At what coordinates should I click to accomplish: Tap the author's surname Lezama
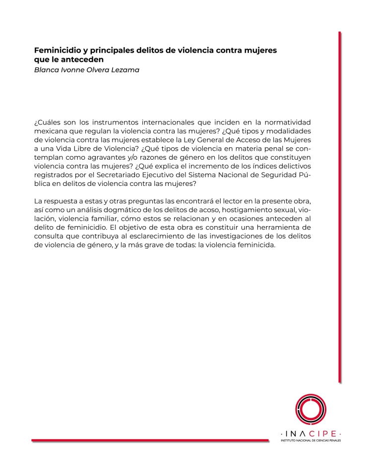tap(125, 69)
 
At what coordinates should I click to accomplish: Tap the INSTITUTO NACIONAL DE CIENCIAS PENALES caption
tap(310, 439)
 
